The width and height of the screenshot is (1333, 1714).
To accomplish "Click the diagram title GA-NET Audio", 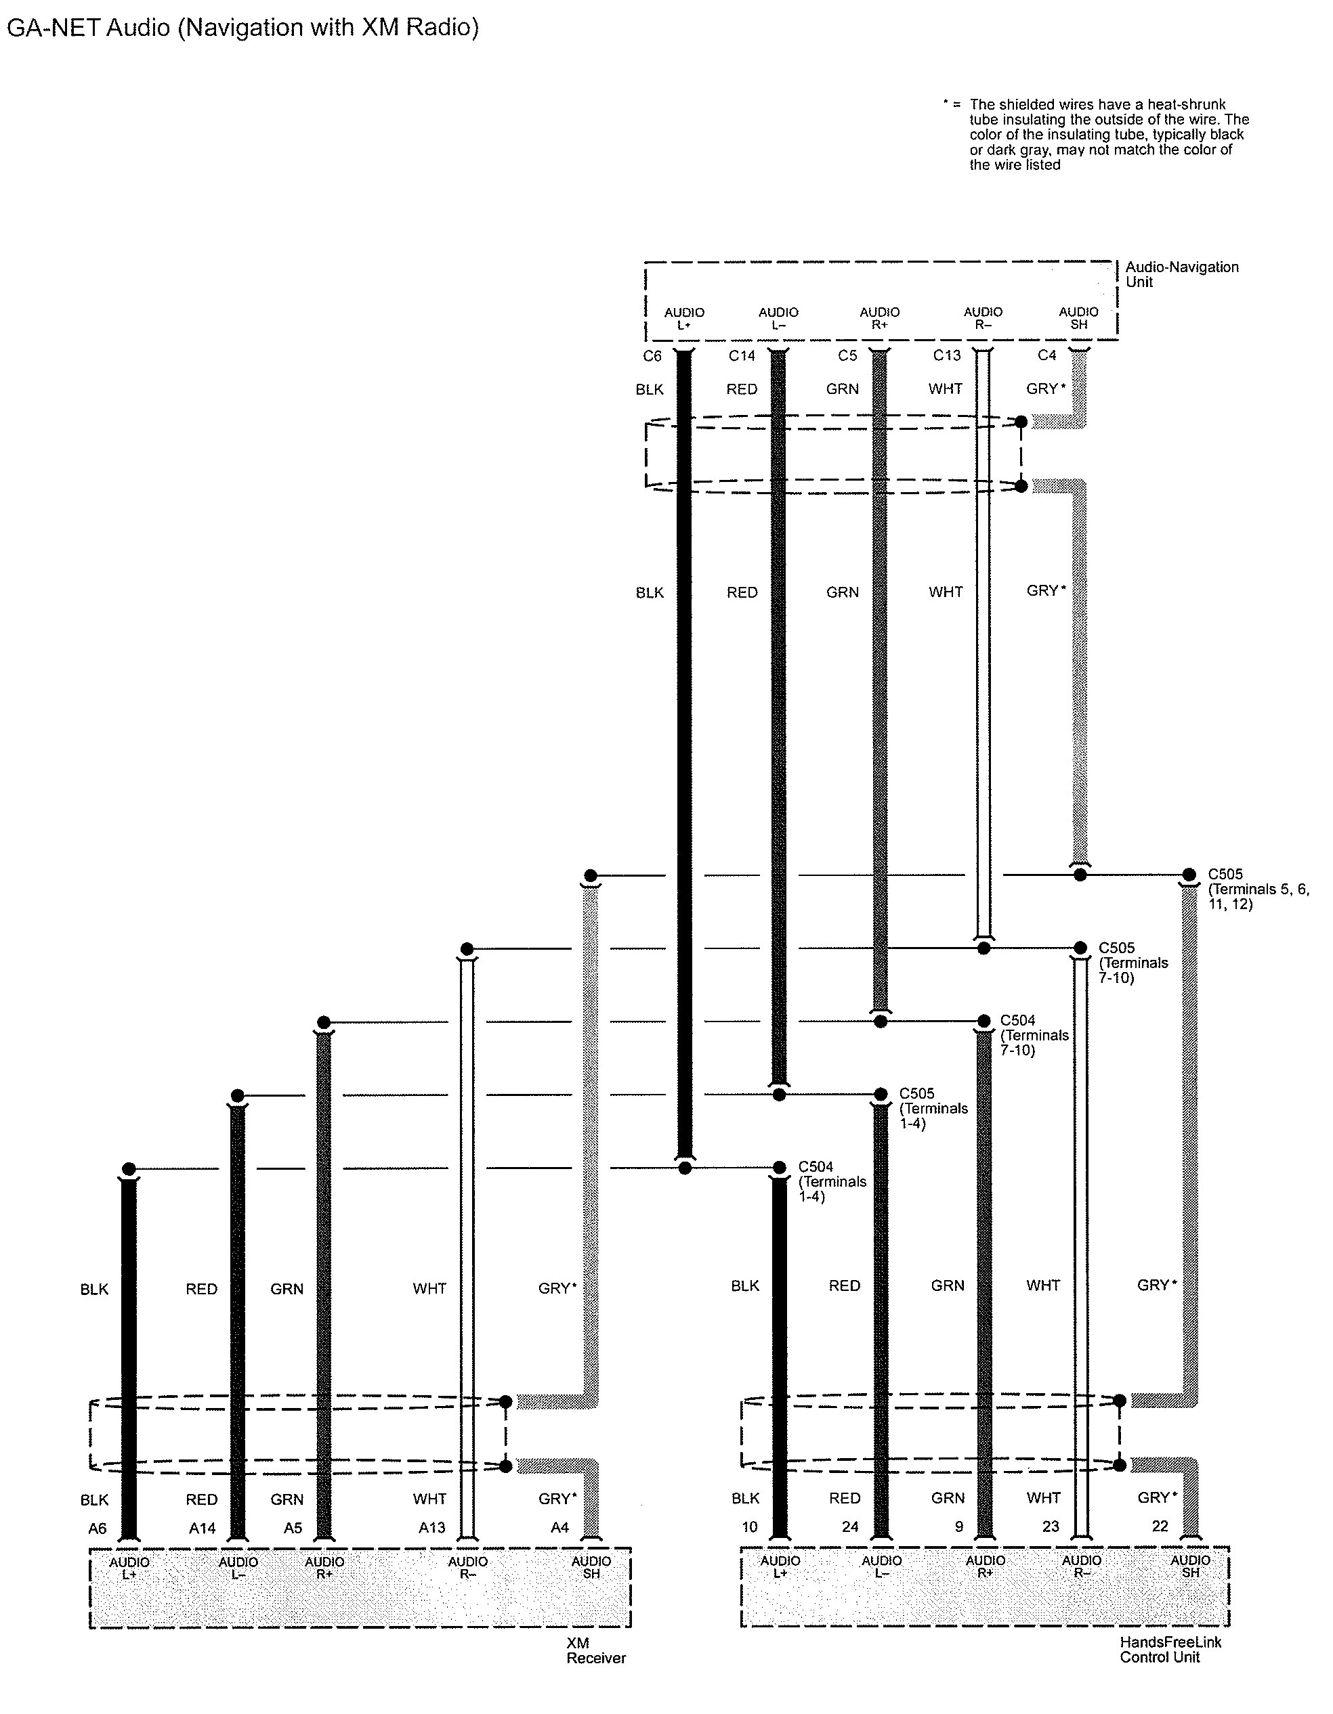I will [x=242, y=28].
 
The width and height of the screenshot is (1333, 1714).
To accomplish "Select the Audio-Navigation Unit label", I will [x=1181, y=274].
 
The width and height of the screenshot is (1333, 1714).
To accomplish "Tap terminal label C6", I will [x=652, y=356].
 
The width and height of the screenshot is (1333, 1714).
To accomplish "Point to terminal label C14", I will [x=741, y=356].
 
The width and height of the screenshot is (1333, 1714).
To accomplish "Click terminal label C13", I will [x=946, y=355].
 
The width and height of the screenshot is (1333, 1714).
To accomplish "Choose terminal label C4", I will [x=1046, y=355].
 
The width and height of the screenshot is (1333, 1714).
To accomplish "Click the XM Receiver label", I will [x=596, y=1650].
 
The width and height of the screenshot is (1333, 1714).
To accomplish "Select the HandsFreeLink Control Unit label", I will [x=1170, y=1650].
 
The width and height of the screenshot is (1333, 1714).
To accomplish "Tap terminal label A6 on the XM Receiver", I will [x=97, y=1528].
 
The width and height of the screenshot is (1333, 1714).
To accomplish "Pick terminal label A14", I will [x=202, y=1528].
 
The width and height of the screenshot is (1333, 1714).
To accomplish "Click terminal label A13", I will [x=431, y=1528].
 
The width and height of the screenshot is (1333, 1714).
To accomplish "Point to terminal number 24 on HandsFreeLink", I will [x=850, y=1526].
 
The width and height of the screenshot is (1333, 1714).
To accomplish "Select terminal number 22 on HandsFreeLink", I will [x=1160, y=1526].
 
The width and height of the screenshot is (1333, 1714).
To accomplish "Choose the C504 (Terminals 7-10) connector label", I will [x=1034, y=1035].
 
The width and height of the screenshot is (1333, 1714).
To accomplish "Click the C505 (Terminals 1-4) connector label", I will [x=933, y=1108].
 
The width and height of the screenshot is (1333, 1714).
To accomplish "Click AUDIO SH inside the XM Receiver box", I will [x=591, y=1567].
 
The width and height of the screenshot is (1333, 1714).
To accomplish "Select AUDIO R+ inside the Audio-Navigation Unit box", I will [x=879, y=318].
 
